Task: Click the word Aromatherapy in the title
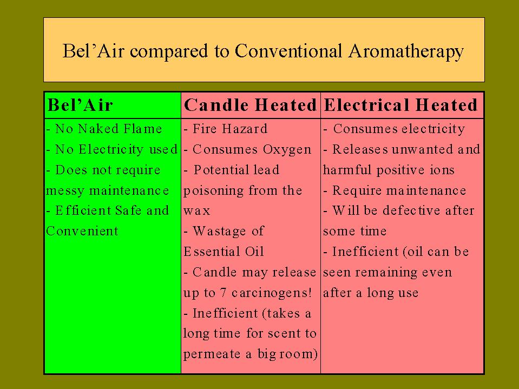pos(406,52)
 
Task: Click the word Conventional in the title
pos(288,51)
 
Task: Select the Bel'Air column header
pos(81,105)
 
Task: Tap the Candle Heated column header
pos(250,105)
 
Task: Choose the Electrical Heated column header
pos(400,105)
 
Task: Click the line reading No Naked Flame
pos(104,129)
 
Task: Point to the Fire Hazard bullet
pos(226,129)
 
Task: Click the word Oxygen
pos(287,150)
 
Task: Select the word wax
pos(196,210)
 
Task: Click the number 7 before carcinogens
pos(224,293)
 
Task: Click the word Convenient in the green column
pos(82,231)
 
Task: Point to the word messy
pos(65,191)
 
